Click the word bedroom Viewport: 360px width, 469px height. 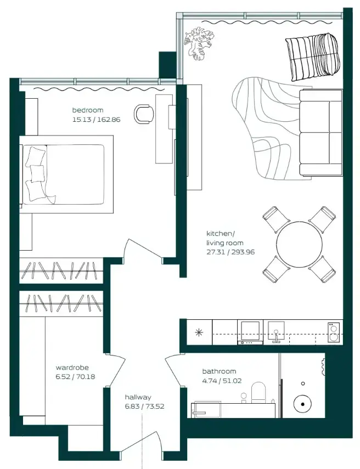(x=88, y=110)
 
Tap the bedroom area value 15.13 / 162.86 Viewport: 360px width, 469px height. (x=97, y=120)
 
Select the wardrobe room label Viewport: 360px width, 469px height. (x=72, y=368)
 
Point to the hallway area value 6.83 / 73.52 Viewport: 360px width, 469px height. (x=144, y=406)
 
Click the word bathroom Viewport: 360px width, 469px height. (x=219, y=371)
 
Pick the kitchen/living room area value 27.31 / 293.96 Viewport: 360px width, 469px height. (x=230, y=252)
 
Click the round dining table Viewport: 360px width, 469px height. (x=299, y=244)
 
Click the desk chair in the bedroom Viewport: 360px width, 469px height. (x=144, y=114)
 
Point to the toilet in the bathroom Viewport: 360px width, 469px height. (x=258, y=392)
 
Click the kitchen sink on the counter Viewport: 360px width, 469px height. (x=276, y=331)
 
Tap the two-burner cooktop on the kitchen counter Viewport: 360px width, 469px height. (x=333, y=332)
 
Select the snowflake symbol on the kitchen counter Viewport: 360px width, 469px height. (x=199, y=332)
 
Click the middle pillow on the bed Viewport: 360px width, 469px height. (x=37, y=172)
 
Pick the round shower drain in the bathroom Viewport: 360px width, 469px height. (x=302, y=404)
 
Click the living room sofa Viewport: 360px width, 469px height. (x=320, y=132)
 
